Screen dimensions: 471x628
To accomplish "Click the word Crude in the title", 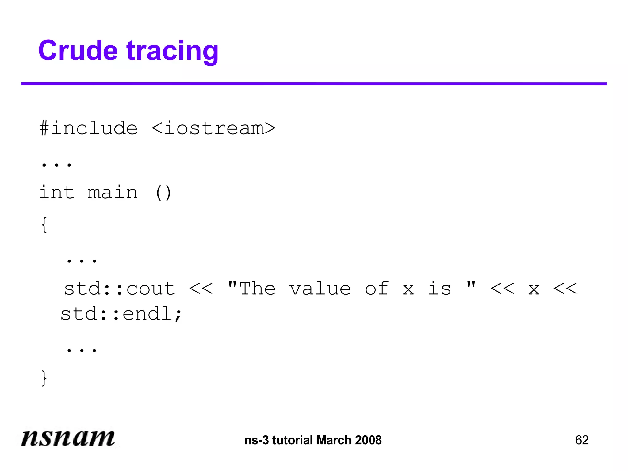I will pos(78,51).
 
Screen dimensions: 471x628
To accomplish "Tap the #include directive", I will pos(88,128).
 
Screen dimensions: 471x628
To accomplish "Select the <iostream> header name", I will pos(213,128).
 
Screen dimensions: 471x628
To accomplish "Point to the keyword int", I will pos(57,193).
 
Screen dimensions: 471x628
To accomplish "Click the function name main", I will pos(113,193).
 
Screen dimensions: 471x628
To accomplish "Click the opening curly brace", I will pos(44,225).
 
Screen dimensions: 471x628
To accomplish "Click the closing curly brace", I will pos(44,378).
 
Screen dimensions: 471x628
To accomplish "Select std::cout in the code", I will pos(120,289).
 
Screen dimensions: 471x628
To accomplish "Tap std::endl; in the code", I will pos(121,314).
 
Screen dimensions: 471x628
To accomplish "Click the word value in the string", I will pos(320,289).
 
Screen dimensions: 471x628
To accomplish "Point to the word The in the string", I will pos(257,289).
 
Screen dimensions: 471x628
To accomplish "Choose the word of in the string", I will pos(377,289).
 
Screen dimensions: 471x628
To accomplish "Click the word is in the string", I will pos(439,289).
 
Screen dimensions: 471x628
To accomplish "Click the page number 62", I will pos(582,440).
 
